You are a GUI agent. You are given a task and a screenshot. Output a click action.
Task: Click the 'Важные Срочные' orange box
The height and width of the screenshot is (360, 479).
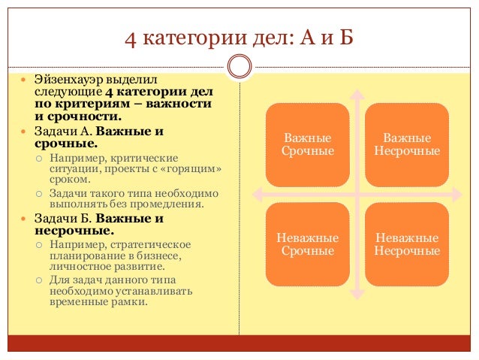coord(307,144)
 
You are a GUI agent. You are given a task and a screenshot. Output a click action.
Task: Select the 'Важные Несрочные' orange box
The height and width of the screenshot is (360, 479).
coord(407,144)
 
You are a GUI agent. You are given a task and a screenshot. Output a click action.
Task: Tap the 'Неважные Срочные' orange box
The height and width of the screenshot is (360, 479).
coord(307,244)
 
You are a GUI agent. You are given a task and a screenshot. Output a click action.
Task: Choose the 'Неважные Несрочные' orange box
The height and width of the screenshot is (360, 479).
coord(407,244)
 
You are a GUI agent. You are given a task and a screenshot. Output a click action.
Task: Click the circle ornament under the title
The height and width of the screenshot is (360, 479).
coord(239,67)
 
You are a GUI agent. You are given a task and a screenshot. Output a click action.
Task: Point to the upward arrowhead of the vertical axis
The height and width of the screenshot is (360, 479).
coord(357,95)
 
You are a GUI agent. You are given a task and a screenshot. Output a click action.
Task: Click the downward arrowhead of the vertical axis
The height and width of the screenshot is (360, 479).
coord(357,295)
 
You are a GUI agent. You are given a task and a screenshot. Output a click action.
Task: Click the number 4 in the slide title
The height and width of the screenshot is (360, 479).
coord(130,37)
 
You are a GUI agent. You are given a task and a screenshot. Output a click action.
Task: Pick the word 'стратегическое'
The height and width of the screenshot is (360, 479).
coord(150,244)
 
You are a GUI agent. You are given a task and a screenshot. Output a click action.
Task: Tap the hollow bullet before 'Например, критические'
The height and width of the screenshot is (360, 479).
coord(38,159)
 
